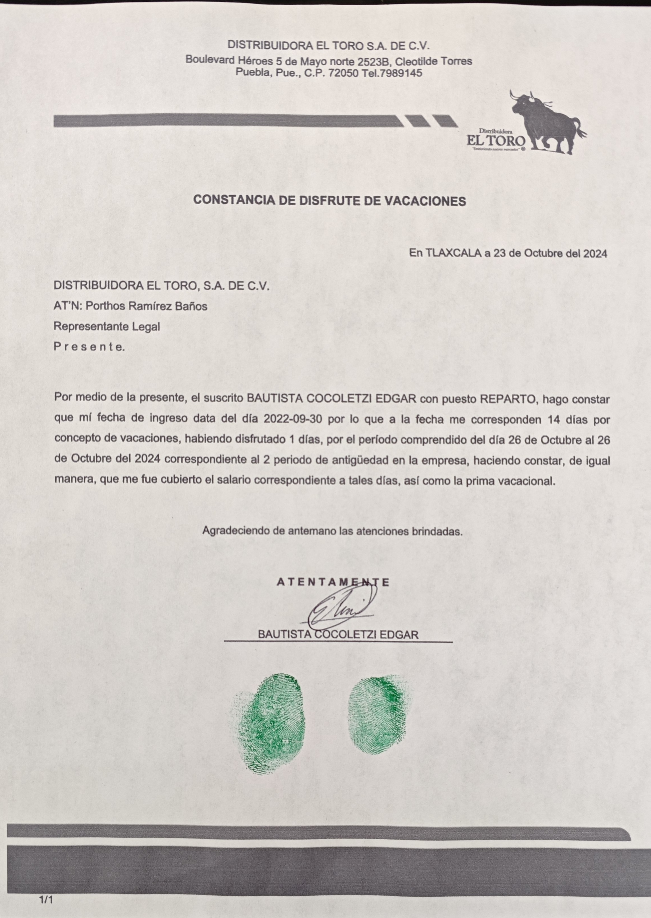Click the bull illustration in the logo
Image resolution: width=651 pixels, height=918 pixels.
547,120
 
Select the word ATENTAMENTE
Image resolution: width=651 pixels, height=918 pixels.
333,582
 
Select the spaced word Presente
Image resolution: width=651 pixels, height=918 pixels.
89,347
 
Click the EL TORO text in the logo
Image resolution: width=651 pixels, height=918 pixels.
496,141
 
